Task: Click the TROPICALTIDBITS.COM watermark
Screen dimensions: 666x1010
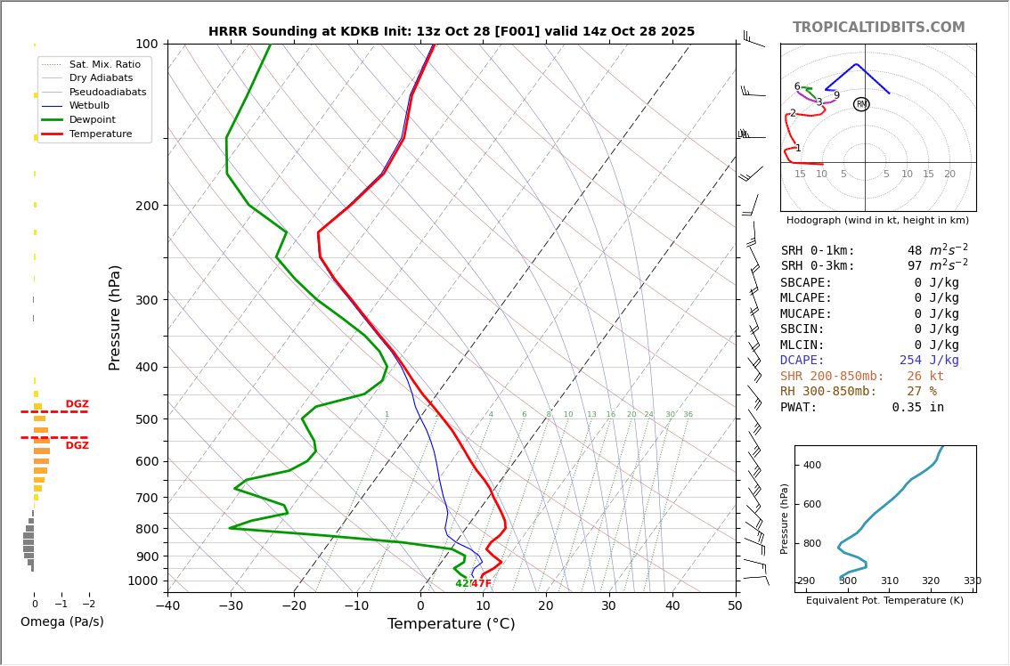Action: (x=878, y=28)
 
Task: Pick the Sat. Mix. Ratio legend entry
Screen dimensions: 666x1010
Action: (x=104, y=64)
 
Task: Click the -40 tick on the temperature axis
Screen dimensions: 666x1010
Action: (x=167, y=606)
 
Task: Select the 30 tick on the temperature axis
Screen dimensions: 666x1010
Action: (x=609, y=606)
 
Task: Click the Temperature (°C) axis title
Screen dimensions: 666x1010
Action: (x=451, y=624)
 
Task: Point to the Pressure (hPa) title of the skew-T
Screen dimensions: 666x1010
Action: (x=115, y=317)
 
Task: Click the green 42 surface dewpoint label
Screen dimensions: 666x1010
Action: (x=462, y=584)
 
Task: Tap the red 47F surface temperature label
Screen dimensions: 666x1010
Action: (x=481, y=584)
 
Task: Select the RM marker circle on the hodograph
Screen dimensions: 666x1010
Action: (x=861, y=104)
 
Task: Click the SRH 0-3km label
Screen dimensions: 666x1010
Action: (x=818, y=266)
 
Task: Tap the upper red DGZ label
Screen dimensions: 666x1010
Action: (x=77, y=404)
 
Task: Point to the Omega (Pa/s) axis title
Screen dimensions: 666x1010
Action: (x=62, y=621)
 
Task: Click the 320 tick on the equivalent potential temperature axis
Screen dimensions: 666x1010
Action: (x=931, y=581)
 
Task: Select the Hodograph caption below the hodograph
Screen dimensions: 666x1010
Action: (x=877, y=220)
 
